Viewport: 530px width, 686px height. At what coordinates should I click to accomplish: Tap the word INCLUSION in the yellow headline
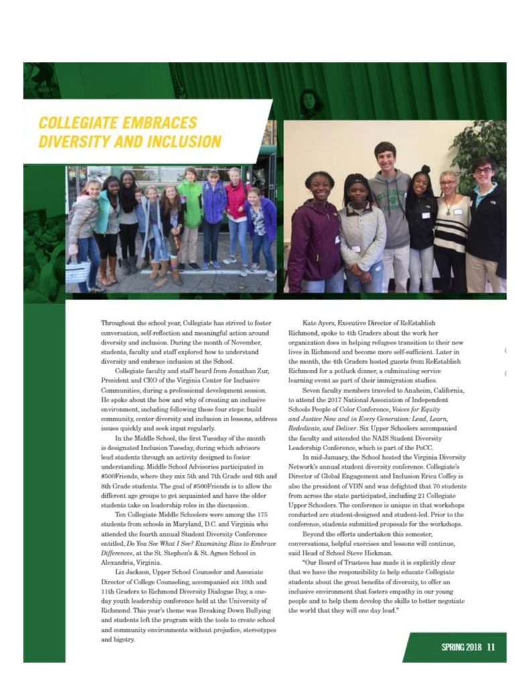[186, 142]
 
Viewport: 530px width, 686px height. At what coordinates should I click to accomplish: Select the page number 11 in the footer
[491, 646]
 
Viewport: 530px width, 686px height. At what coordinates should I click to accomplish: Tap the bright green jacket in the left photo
[191, 204]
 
